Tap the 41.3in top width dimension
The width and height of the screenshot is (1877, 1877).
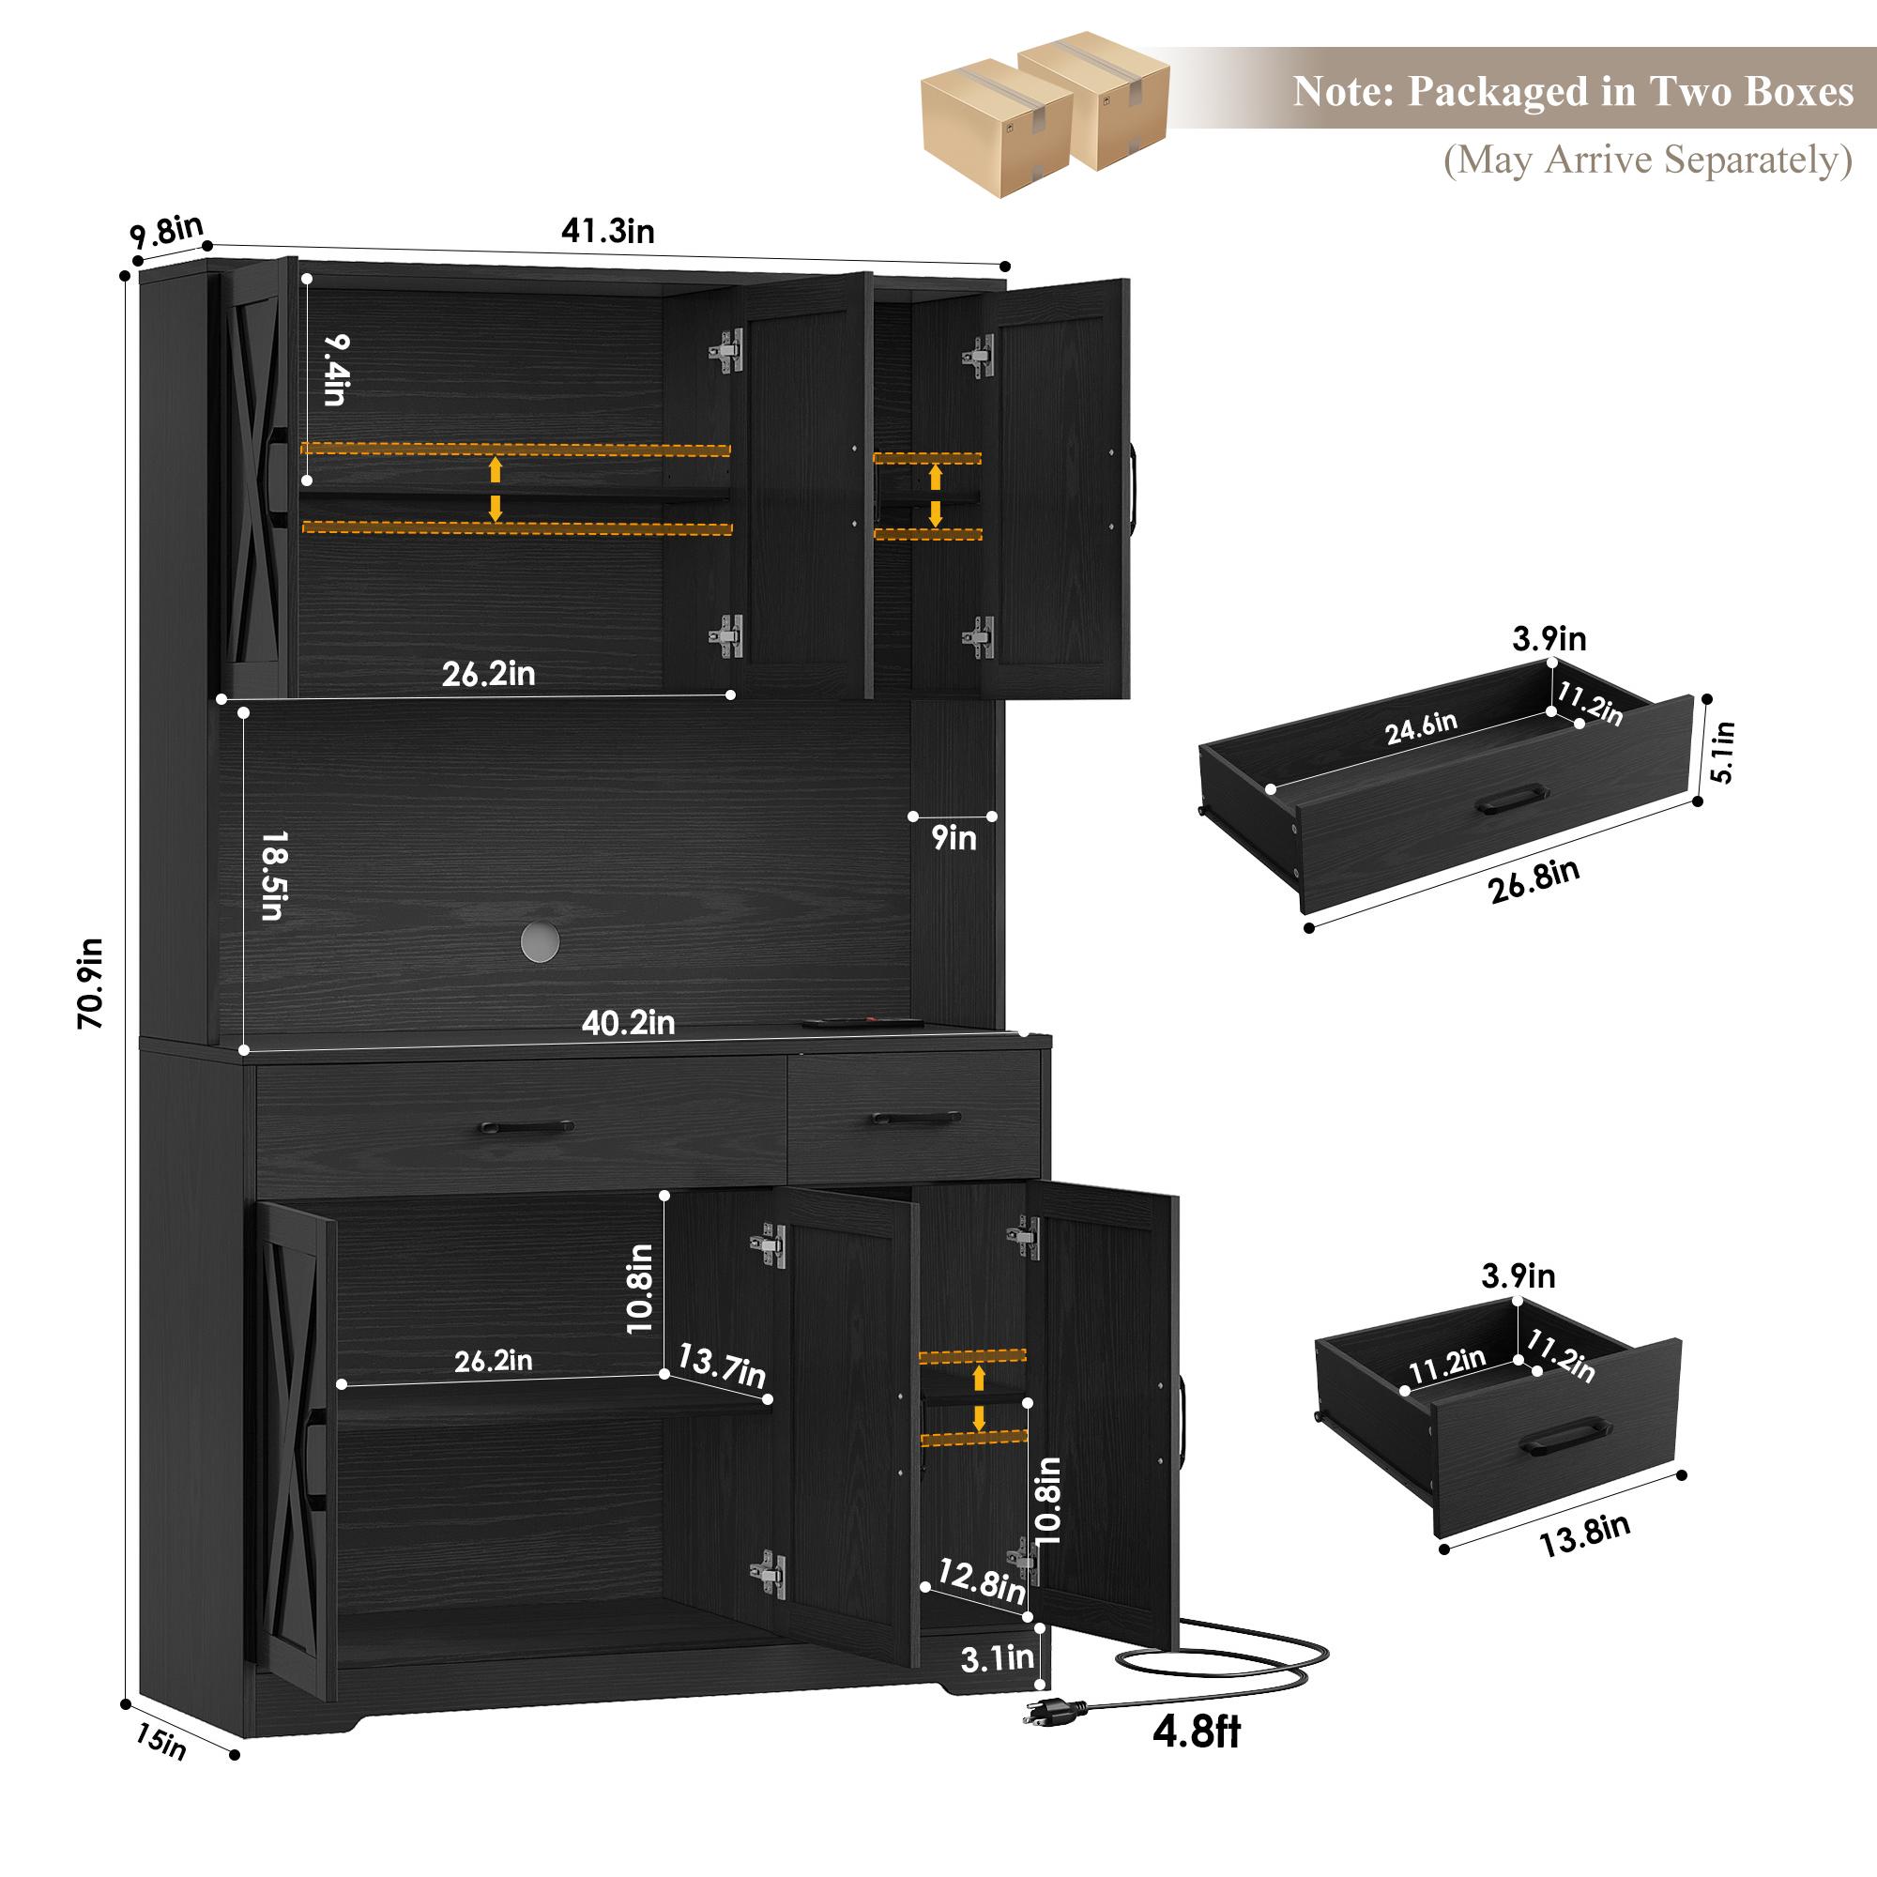(x=607, y=231)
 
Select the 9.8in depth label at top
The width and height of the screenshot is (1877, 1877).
(x=167, y=232)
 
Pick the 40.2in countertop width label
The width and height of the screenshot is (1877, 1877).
(x=628, y=1023)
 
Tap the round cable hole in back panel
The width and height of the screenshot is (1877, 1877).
(x=540, y=939)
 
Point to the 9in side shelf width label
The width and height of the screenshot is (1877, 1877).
(x=954, y=837)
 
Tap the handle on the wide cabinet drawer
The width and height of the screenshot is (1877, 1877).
(x=526, y=1127)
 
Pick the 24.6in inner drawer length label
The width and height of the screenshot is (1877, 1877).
(x=1421, y=728)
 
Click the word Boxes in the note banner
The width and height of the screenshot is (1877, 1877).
(x=1799, y=91)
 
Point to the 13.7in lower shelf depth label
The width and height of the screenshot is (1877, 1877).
(x=721, y=1366)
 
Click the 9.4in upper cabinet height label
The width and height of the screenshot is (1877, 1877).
(x=335, y=369)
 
